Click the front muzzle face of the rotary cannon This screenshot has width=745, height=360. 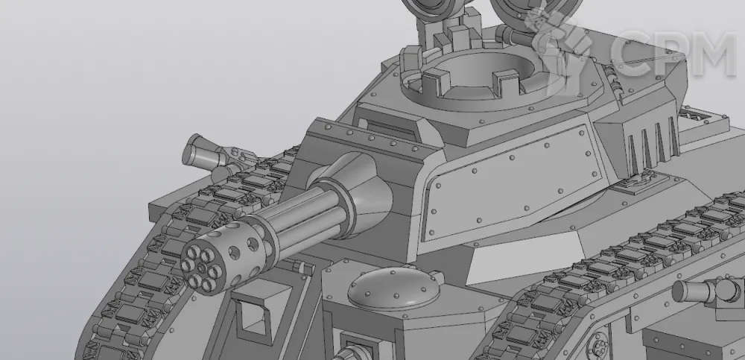click(201, 269)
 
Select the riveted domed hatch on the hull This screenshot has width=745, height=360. click(393, 288)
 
